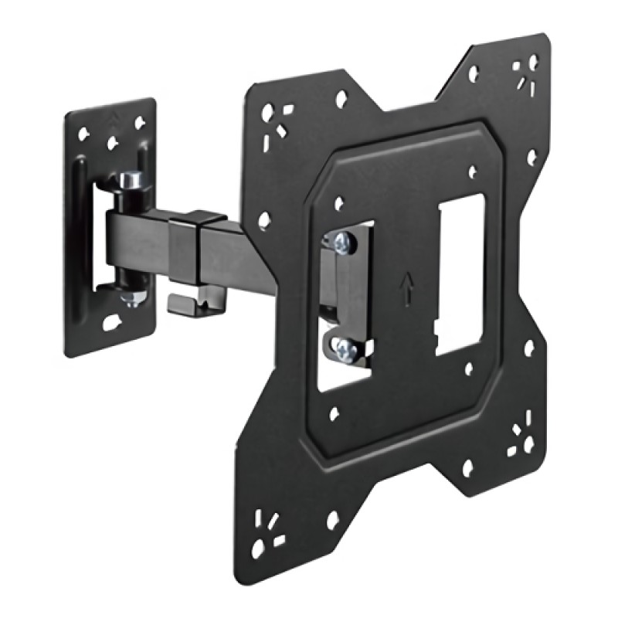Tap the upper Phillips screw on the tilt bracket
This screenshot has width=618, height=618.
[x=343, y=243]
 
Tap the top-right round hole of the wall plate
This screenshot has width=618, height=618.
[x=139, y=122]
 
